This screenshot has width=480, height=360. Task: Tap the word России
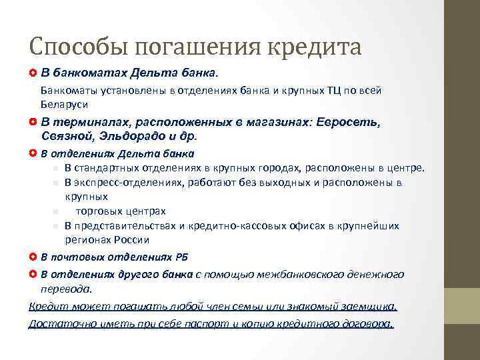(131, 239)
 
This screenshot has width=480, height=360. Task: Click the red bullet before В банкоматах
(33, 71)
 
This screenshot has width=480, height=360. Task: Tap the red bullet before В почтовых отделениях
(33, 257)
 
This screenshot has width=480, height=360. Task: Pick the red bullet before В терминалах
(33, 123)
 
